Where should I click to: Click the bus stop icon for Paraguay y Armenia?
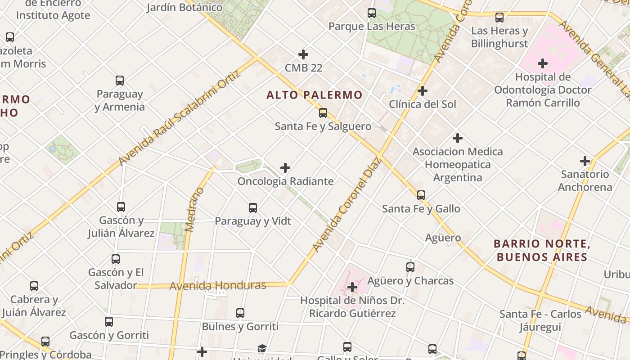click(120, 81)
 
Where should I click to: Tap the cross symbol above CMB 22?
click(303, 54)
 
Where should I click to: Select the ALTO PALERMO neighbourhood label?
click(314, 95)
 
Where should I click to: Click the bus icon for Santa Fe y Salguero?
click(323, 112)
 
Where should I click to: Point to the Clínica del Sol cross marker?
click(422, 91)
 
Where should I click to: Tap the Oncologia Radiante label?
click(285, 181)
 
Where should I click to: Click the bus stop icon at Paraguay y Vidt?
click(253, 207)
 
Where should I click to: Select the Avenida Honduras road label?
click(218, 285)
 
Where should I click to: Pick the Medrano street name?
click(194, 210)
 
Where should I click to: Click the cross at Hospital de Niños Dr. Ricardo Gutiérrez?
click(352, 287)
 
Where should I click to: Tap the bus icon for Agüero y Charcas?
click(410, 267)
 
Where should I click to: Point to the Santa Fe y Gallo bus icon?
click(421, 195)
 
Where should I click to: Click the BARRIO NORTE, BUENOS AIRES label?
click(542, 251)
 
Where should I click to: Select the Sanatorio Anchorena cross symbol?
click(585, 161)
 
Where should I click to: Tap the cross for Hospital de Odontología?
click(543, 63)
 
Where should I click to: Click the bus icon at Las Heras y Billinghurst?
click(499, 18)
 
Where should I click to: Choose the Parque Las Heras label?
click(372, 27)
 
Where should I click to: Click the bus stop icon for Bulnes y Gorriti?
click(240, 313)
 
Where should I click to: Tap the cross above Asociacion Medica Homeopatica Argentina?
click(458, 138)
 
